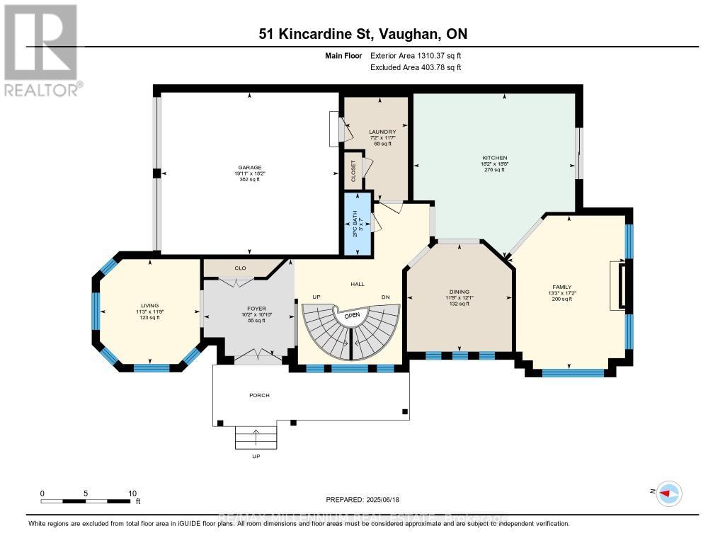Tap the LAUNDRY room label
(x=382, y=132)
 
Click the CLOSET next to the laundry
(x=353, y=171)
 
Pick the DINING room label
(x=459, y=291)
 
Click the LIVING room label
(x=149, y=306)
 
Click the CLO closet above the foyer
(x=239, y=268)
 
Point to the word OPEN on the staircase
(x=352, y=315)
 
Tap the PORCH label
(x=259, y=395)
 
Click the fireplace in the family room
(x=621, y=285)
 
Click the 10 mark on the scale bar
(x=132, y=493)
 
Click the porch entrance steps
(x=256, y=438)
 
